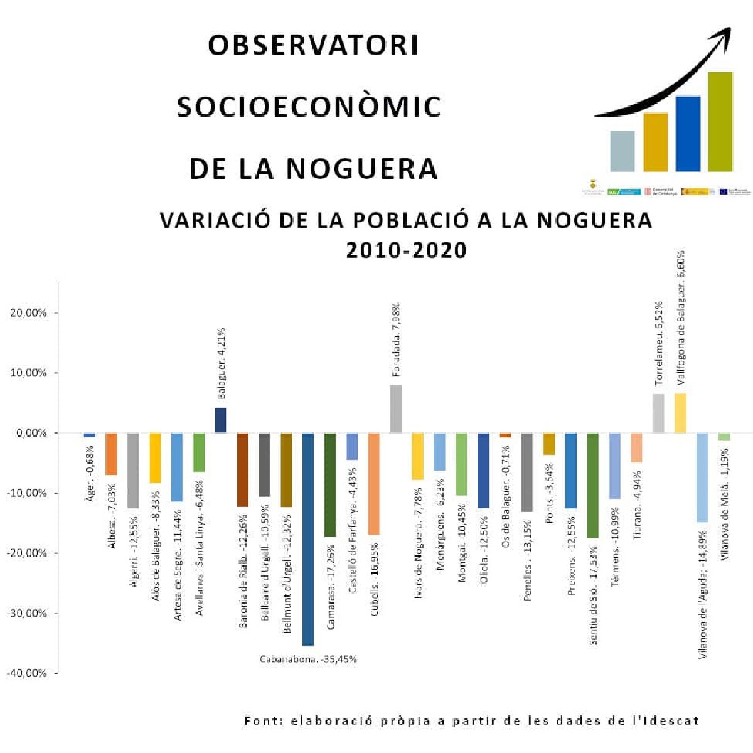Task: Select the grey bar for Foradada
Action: pyautogui.click(x=395, y=409)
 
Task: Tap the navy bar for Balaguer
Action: pyautogui.click(x=220, y=420)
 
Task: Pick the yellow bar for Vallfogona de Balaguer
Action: pyautogui.click(x=680, y=413)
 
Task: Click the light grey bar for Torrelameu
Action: pyautogui.click(x=658, y=413)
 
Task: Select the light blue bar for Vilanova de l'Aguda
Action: pyautogui.click(x=702, y=477)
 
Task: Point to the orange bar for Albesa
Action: pyautogui.click(x=111, y=454)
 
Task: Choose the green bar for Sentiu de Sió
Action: pyautogui.click(x=592, y=485)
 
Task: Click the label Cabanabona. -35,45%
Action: pyautogui.click(x=308, y=659)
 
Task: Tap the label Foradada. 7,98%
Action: pyautogui.click(x=396, y=340)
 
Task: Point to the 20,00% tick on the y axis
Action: pyautogui.click(x=28, y=312)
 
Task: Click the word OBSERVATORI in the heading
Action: pyautogui.click(x=313, y=45)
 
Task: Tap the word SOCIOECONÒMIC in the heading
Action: pyautogui.click(x=309, y=107)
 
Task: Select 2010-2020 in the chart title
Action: pyautogui.click(x=407, y=250)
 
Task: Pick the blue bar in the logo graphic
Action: pyautogui.click(x=688, y=134)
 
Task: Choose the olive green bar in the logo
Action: pyautogui.click(x=720, y=122)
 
